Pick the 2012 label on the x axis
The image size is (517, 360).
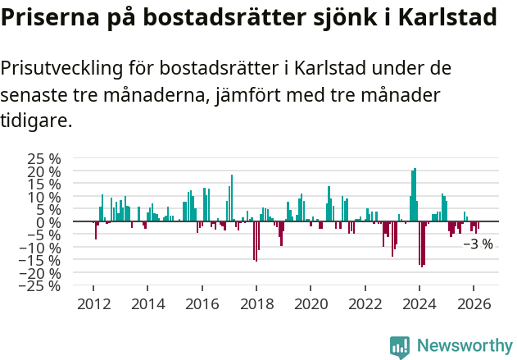click(93, 303)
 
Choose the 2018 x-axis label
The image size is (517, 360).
click(256, 303)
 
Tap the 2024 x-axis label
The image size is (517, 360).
click(419, 303)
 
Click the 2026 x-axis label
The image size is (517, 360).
click(474, 303)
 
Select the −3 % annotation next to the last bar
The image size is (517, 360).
click(478, 244)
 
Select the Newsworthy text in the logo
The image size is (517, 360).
click(464, 345)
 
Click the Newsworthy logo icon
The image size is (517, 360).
click(400, 346)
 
